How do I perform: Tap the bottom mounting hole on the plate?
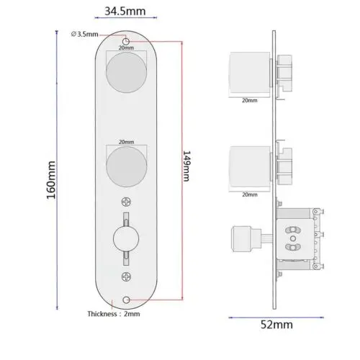[127, 299]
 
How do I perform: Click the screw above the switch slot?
[127, 202]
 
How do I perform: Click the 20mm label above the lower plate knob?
[126, 143]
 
